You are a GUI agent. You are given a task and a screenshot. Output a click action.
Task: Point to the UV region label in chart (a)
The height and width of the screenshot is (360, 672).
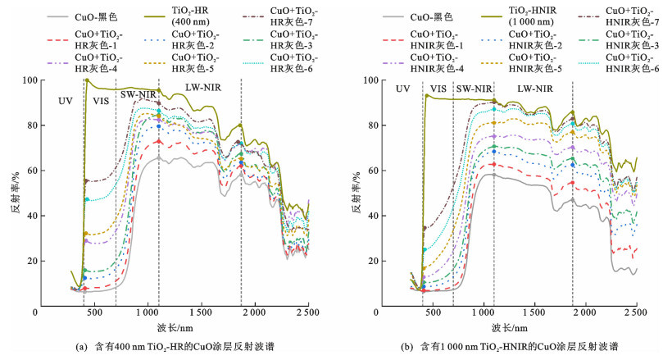65,101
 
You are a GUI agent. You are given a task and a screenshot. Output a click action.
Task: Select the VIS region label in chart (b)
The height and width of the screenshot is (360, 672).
438,88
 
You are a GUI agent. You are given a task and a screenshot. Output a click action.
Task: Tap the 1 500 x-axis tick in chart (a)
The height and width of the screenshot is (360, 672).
201,312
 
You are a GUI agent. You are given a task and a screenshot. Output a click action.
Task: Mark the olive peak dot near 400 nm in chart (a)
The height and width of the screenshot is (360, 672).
87,80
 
